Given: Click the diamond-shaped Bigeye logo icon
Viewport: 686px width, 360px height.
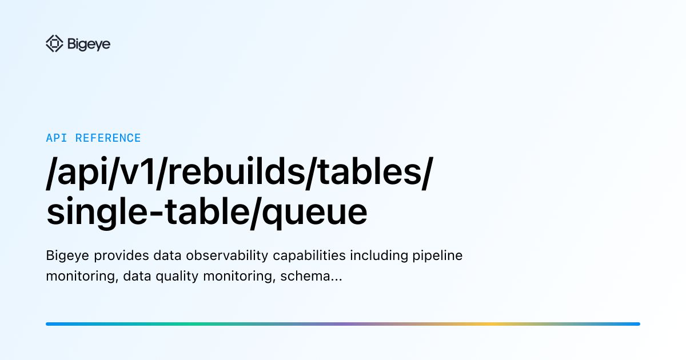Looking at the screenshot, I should [x=54, y=44].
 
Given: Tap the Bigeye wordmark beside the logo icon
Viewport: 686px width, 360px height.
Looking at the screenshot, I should [x=89, y=44].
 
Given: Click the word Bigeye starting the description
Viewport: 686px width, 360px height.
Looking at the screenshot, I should [x=65, y=256].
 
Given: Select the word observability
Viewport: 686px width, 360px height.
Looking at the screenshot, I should [x=220, y=256].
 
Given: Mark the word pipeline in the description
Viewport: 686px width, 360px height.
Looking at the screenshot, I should [x=437, y=256].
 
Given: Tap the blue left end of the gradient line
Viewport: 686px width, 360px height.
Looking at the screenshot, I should [x=51, y=324].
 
